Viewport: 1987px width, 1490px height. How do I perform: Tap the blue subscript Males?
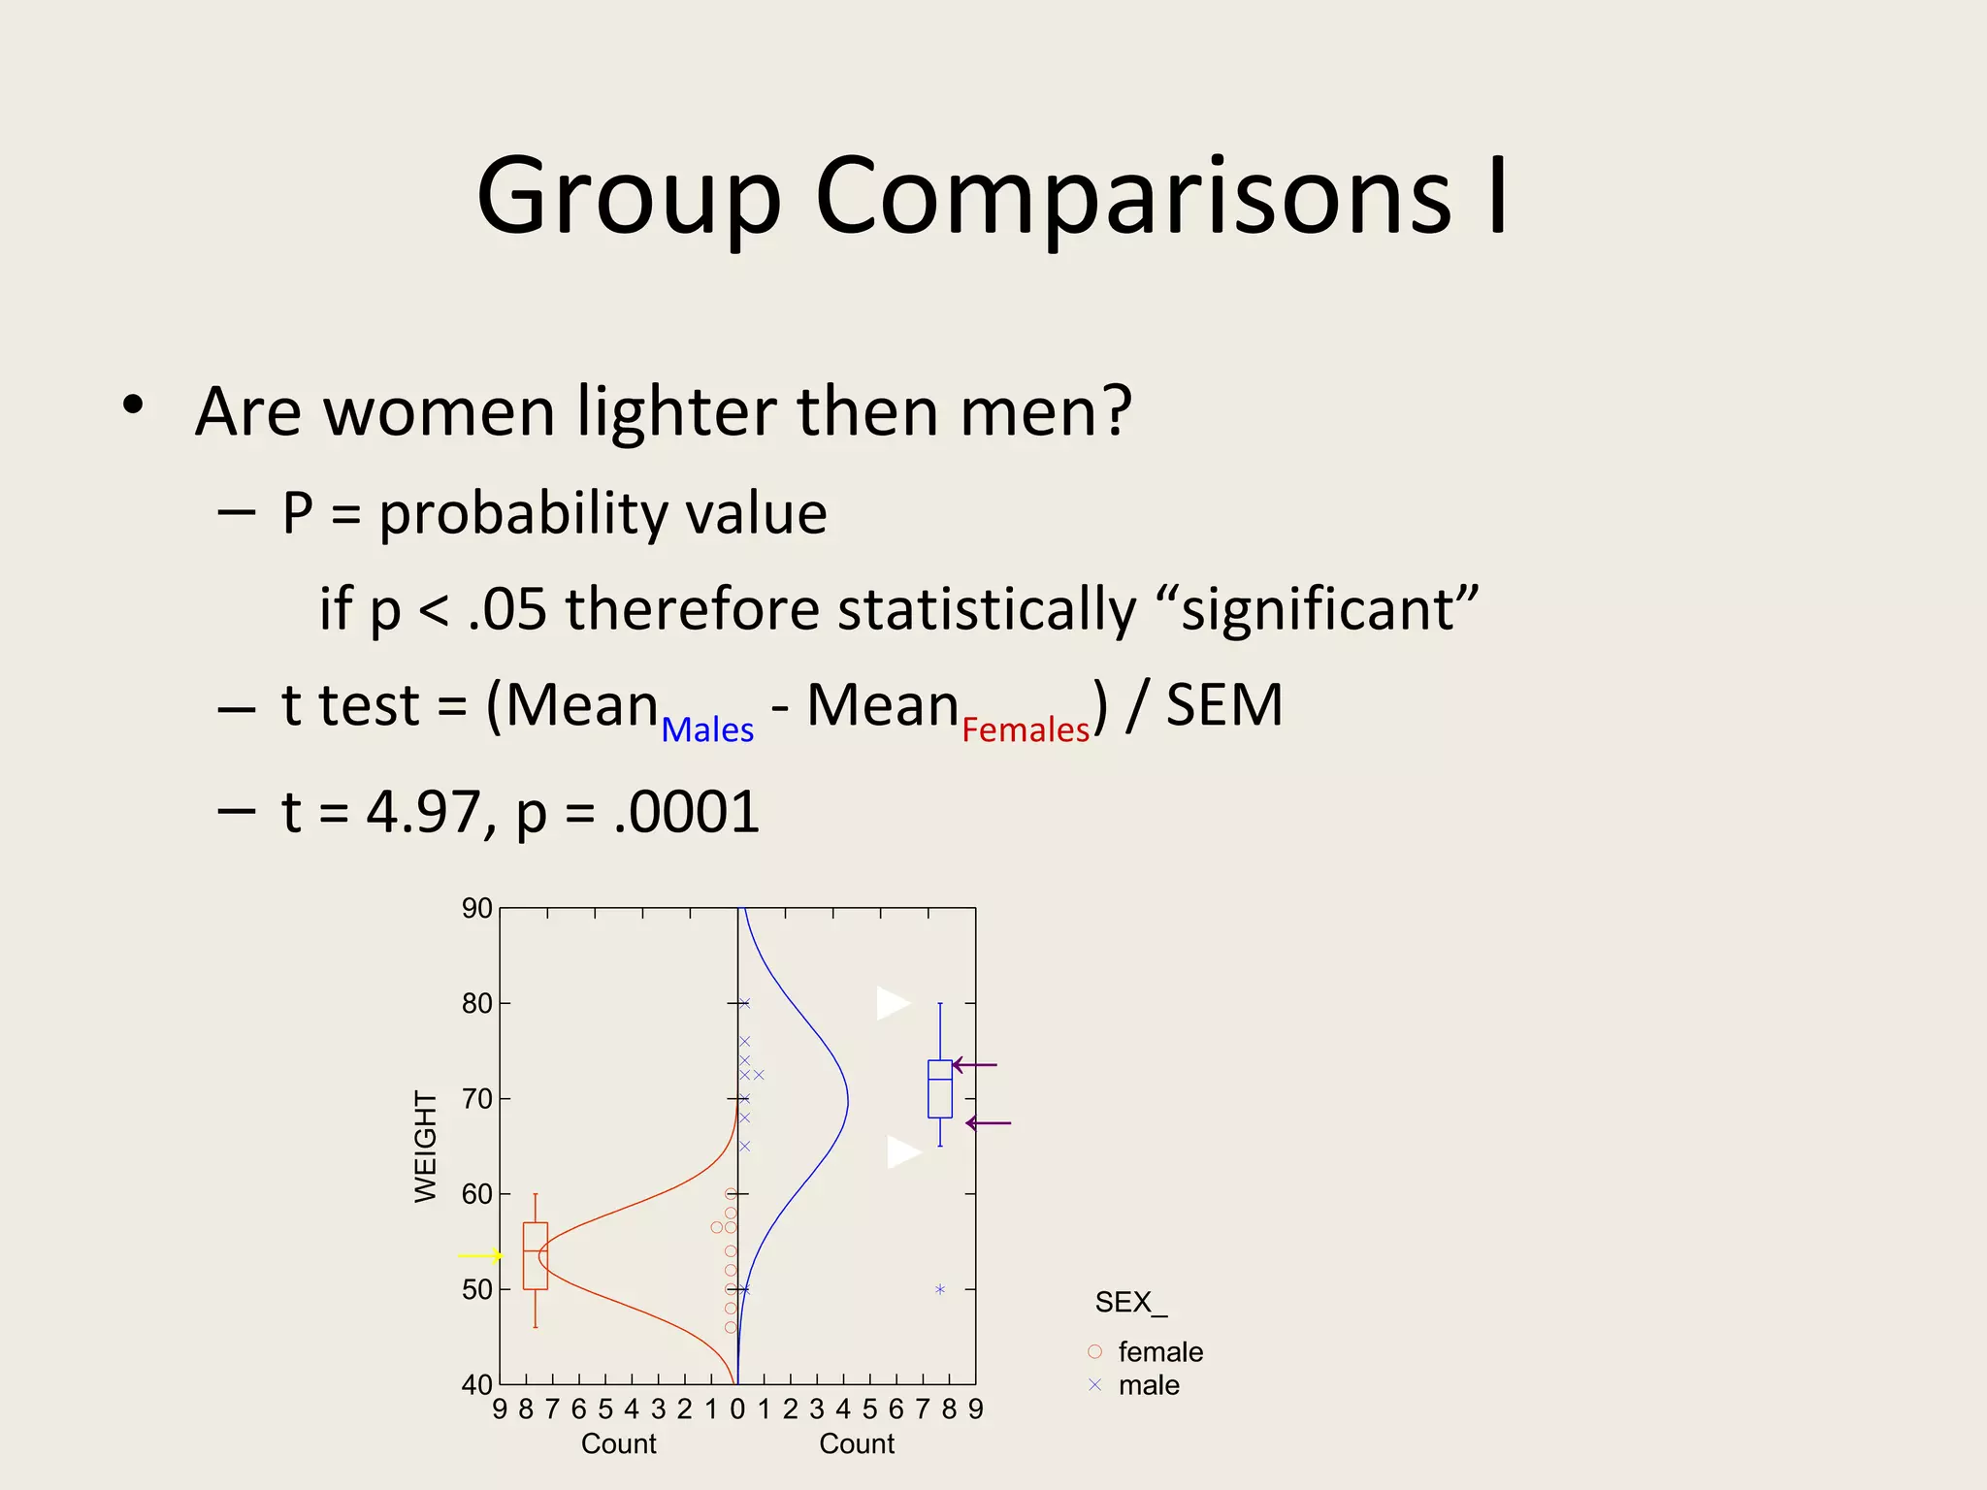[x=707, y=729]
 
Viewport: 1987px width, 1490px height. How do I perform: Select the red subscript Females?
[x=1026, y=729]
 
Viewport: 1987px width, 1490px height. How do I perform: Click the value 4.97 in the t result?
[x=423, y=812]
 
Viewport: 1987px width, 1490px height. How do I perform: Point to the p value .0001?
[x=687, y=812]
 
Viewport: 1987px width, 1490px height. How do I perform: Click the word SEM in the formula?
[x=1223, y=705]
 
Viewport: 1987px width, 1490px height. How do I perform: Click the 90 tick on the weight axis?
[x=477, y=909]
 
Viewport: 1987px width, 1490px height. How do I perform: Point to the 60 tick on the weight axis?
[x=477, y=1194]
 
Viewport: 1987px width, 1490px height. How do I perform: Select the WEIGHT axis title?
[x=426, y=1147]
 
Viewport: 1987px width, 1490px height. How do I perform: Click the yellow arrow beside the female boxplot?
[x=480, y=1256]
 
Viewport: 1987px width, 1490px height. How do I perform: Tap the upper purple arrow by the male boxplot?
[x=974, y=1065]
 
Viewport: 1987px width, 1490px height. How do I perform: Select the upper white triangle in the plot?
[x=892, y=1003]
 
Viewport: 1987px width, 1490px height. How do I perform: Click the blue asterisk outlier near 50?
[x=940, y=1289]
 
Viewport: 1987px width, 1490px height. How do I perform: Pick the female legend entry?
[x=1159, y=1351]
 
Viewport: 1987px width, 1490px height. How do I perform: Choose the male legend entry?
[x=1148, y=1385]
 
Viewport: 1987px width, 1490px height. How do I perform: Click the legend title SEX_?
[x=1130, y=1303]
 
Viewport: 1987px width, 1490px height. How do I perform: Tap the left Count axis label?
[x=619, y=1444]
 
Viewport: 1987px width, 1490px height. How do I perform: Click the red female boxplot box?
[x=536, y=1256]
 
